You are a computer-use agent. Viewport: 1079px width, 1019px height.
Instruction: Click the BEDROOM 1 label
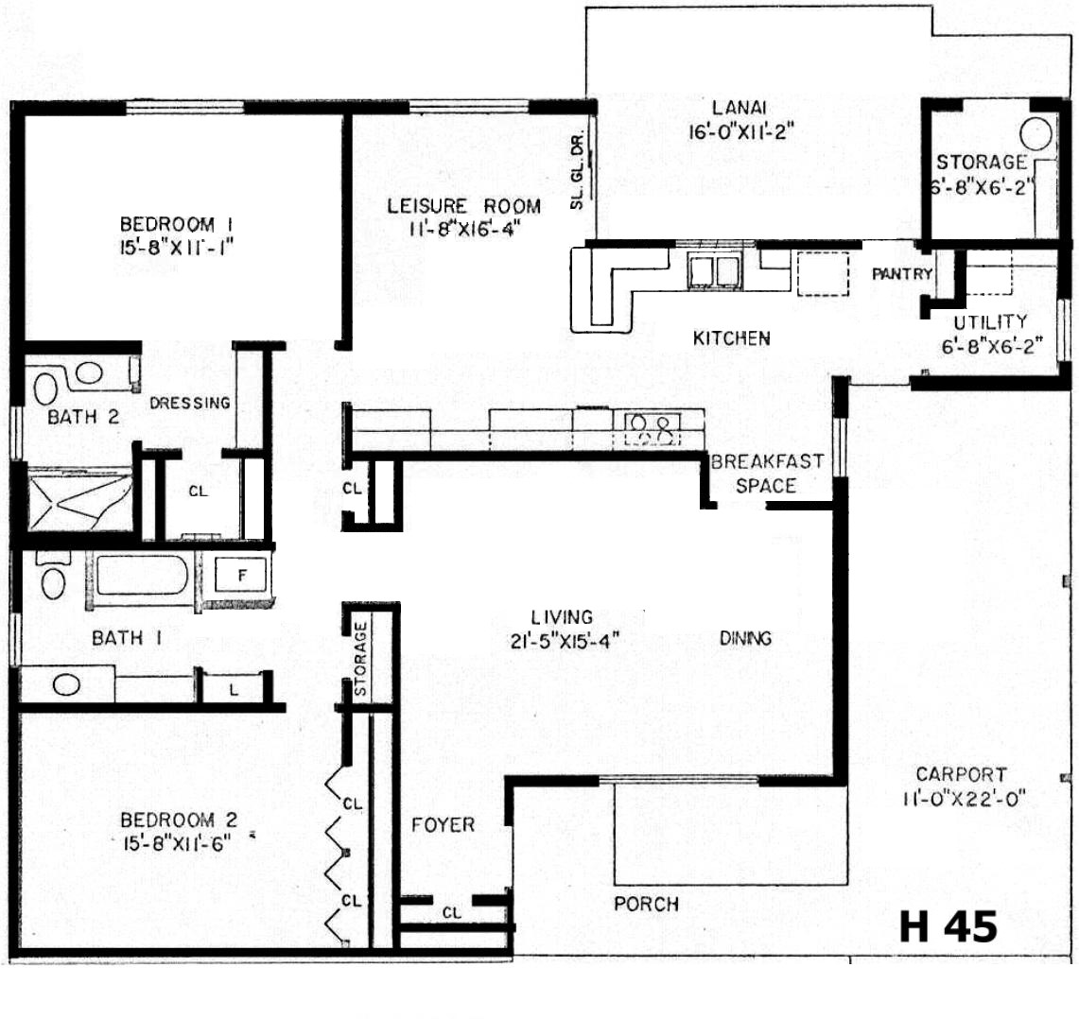pos(176,224)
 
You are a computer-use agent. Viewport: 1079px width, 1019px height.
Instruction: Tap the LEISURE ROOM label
pos(463,206)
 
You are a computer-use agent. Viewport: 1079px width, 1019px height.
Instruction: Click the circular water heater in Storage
pos(1035,133)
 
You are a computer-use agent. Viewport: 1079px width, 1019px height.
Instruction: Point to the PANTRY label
pos(902,274)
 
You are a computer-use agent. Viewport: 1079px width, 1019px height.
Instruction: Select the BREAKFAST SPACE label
pos(767,474)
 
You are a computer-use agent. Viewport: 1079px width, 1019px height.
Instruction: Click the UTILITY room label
pos(990,321)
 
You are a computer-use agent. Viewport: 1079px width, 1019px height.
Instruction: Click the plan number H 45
pos(948,926)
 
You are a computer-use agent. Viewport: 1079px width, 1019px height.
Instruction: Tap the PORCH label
pos(646,904)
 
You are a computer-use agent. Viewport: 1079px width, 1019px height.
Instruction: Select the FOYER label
pos(444,824)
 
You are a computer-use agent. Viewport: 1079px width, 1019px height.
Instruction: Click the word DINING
pos(745,638)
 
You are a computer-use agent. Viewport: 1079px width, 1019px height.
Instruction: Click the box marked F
pos(241,576)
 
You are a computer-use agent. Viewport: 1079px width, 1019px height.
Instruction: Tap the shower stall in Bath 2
pos(79,500)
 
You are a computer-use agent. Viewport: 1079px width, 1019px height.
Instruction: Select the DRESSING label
pos(190,403)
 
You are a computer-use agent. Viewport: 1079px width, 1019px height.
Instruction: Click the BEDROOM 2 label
pos(178,820)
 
